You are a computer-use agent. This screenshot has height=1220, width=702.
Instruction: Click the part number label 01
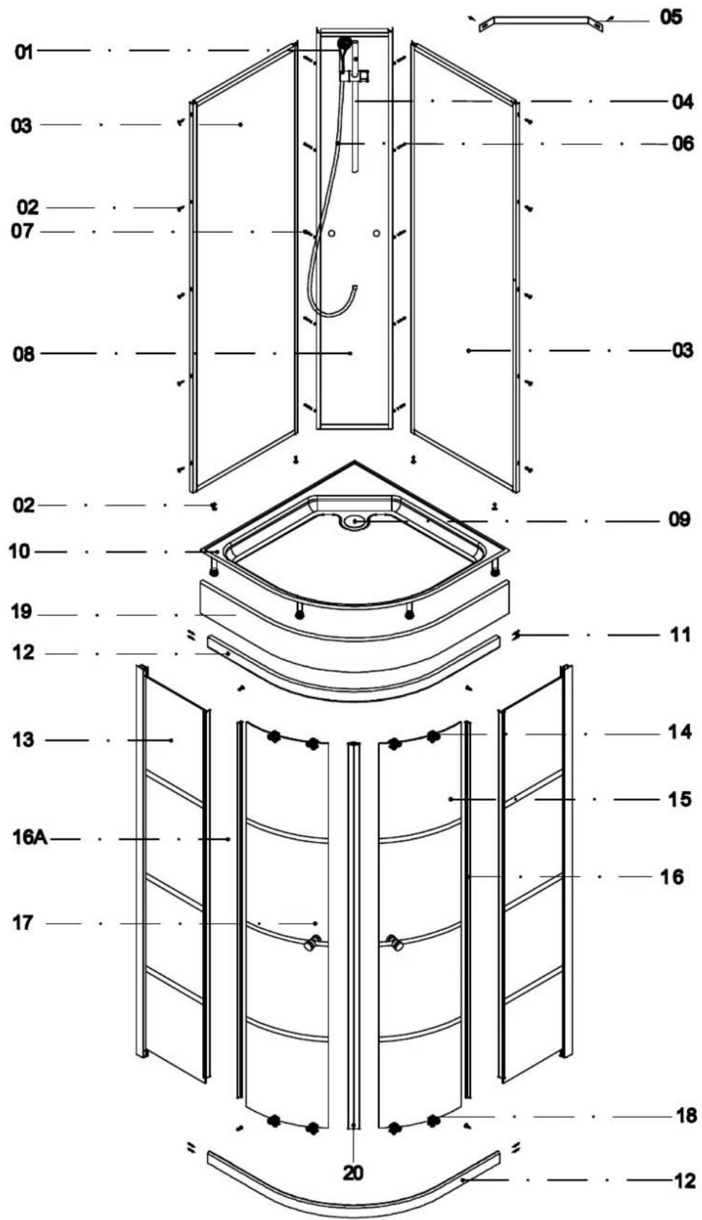coord(24,52)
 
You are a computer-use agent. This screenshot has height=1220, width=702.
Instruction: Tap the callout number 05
coord(671,17)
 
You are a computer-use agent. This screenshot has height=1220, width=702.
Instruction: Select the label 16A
coord(30,838)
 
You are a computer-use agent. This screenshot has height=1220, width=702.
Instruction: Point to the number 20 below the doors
coord(353,1173)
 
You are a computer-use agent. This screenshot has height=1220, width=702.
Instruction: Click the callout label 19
coord(21,612)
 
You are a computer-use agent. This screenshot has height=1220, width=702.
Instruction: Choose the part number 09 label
coord(679,520)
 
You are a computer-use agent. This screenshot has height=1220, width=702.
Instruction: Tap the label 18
coord(686,1116)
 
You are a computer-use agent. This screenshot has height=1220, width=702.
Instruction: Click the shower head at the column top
coord(345,44)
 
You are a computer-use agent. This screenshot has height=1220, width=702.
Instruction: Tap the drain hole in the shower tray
coord(354,522)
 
